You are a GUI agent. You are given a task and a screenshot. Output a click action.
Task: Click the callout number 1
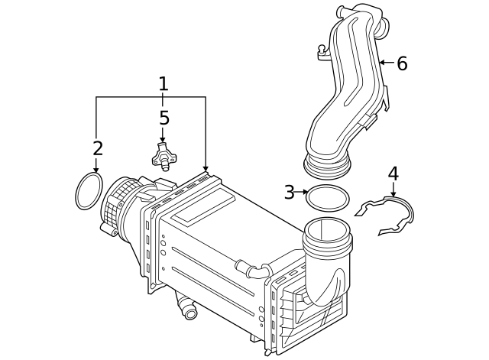coord(163,83)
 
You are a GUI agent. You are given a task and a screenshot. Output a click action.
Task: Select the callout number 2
coord(98,148)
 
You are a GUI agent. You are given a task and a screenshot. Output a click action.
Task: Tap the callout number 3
coord(289,193)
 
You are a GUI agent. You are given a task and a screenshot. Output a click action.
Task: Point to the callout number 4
coord(393,174)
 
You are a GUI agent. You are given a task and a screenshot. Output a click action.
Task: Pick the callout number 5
coord(164,118)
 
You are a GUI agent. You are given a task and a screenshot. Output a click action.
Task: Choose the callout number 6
coord(402,63)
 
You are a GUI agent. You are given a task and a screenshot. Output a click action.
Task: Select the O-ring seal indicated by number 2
coord(89,190)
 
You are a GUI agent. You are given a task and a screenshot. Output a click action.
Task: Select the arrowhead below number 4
coord(393,194)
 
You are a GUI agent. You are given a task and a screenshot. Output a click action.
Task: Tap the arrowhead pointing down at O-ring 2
coord(96,168)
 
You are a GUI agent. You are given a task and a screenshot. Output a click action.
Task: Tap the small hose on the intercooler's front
coord(252,269)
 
